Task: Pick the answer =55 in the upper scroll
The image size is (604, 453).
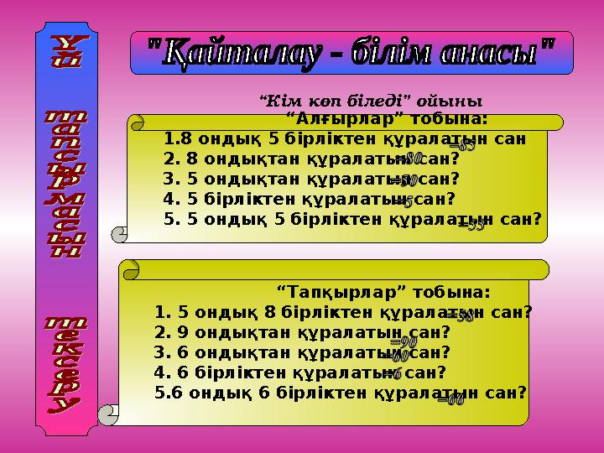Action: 470,224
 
